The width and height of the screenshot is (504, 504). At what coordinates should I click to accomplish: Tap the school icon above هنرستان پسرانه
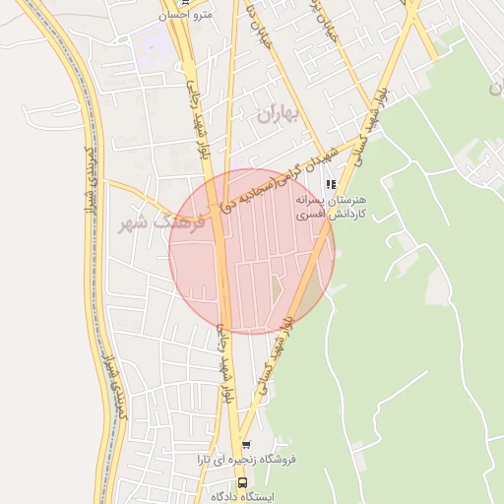331,184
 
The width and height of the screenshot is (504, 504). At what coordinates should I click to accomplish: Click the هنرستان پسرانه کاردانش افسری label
332,206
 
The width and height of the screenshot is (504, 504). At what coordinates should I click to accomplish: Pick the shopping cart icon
246,445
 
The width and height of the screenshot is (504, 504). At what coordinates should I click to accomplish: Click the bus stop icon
243,482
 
